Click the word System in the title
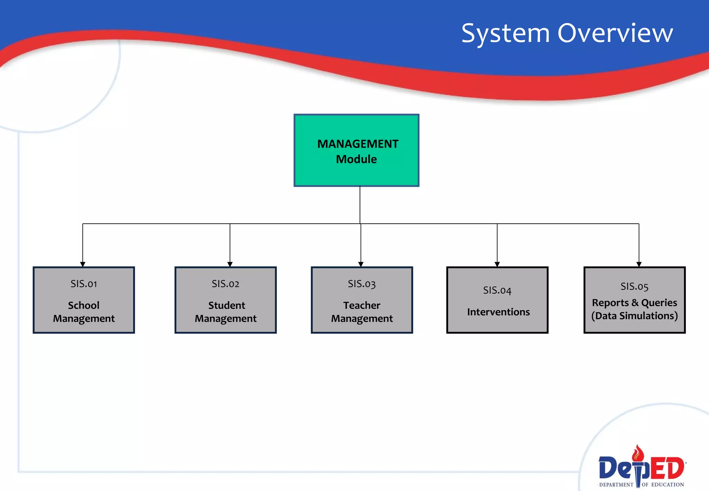pyautogui.click(x=505, y=34)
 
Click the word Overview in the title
pyautogui.click(x=615, y=33)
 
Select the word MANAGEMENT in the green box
pyautogui.click(x=358, y=144)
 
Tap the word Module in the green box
pyautogui.click(x=356, y=159)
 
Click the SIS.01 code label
pyautogui.click(x=84, y=284)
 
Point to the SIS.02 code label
pyautogui.click(x=225, y=284)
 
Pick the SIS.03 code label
pyautogui.click(x=361, y=284)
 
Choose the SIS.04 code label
pyautogui.click(x=497, y=290)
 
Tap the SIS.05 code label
pyautogui.click(x=634, y=286)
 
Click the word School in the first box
pyautogui.click(x=84, y=305)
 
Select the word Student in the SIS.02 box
pyautogui.click(x=226, y=305)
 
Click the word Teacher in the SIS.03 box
pyautogui.click(x=362, y=305)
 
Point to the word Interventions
pyautogui.click(x=498, y=312)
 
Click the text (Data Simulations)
pyautogui.click(x=634, y=316)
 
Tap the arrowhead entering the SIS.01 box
pyautogui.click(x=83, y=264)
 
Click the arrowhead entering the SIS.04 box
pyautogui.click(x=497, y=264)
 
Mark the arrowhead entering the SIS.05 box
pyautogui.click(x=639, y=264)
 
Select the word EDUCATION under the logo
pyautogui.click(x=667, y=485)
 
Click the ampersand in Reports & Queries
pyautogui.click(x=635, y=303)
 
